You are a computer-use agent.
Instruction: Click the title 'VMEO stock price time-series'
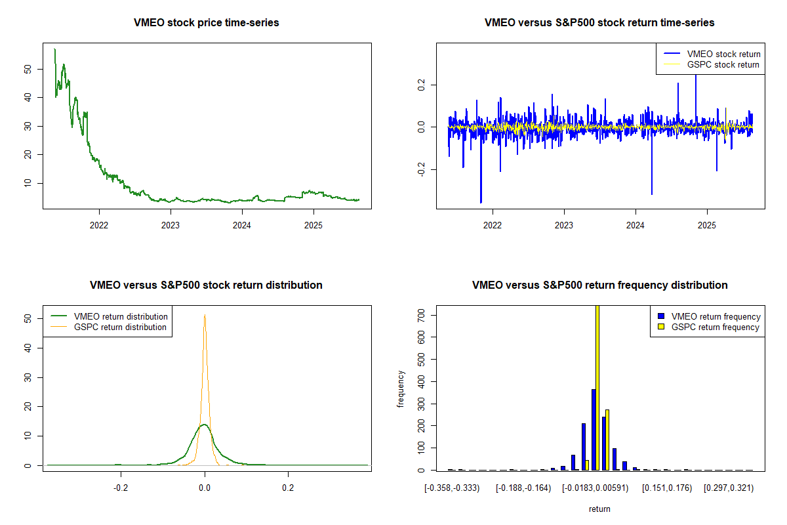[207, 23]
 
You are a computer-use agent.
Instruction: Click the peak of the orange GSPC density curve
[205, 316]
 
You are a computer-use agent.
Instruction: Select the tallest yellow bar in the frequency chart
[597, 387]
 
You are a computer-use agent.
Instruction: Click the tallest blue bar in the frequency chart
[593, 430]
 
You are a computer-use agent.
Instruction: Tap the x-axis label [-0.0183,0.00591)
[594, 488]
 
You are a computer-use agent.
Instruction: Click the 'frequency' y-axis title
[401, 388]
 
